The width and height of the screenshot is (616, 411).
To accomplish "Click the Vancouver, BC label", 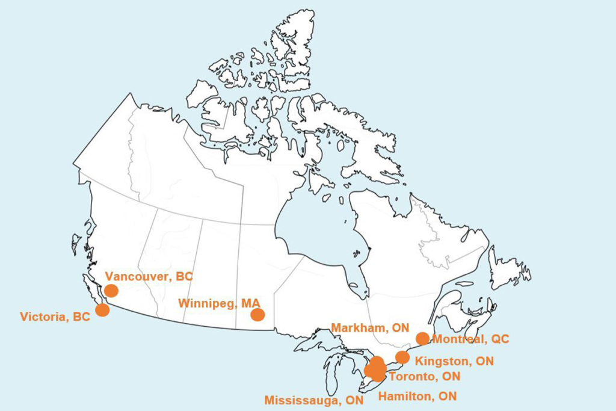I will [x=149, y=277].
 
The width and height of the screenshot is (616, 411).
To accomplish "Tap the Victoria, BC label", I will [x=55, y=317].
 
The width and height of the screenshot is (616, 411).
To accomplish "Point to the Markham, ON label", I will [x=370, y=328].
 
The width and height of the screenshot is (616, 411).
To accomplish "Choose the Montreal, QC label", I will [x=470, y=339].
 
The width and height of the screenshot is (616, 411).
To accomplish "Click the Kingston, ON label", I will [x=454, y=362].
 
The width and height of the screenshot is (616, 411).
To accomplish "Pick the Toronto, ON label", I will [x=425, y=377].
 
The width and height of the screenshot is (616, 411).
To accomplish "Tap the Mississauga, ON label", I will [x=314, y=400].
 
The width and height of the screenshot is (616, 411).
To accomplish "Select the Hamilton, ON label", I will [x=417, y=396].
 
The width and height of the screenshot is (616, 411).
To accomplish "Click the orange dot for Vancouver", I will [x=111, y=291].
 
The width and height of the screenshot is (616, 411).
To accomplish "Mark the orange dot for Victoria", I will [x=103, y=311].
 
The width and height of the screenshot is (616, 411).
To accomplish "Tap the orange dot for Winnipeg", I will [x=257, y=315].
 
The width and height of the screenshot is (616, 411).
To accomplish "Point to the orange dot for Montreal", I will [x=422, y=338].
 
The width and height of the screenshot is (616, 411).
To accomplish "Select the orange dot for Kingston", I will [x=402, y=357].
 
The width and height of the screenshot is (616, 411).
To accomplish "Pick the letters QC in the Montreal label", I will [x=499, y=339].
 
